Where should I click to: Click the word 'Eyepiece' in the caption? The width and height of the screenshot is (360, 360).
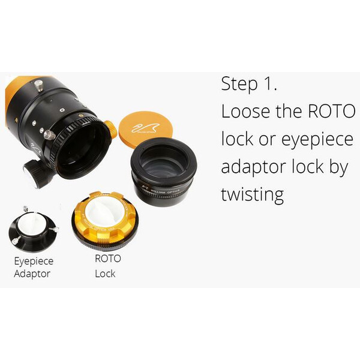pos(34,262)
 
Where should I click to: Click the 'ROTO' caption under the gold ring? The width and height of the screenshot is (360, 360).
pos(108,259)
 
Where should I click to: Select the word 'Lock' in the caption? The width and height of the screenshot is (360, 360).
pos(105,274)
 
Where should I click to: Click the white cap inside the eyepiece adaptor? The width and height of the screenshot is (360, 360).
pos(33,224)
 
